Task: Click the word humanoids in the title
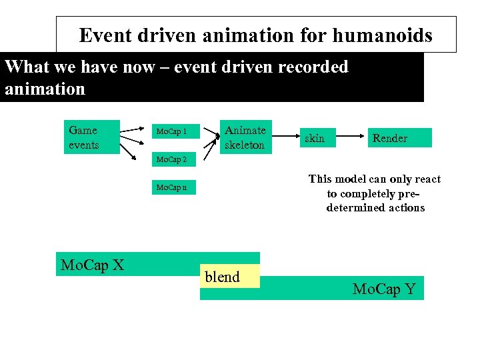[389, 35]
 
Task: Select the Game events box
[91, 137]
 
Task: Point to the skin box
[315, 139]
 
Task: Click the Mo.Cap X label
[92, 265]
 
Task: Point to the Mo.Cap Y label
[384, 289]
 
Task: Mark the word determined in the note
[375, 208]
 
